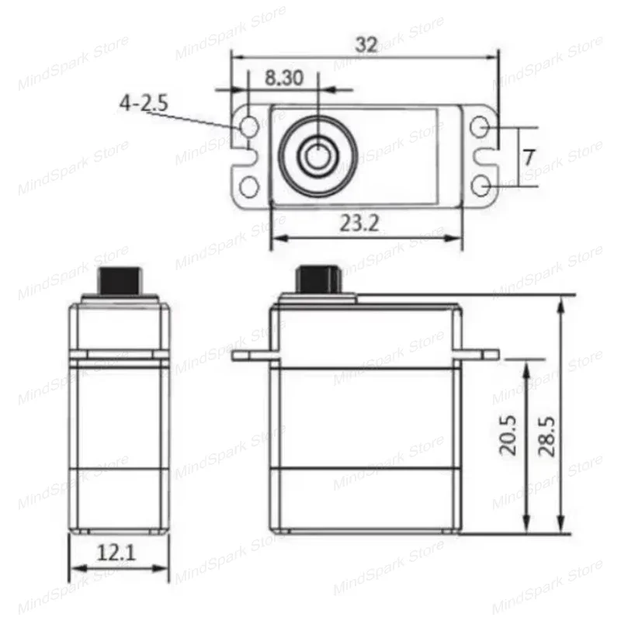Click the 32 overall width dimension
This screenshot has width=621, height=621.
[x=366, y=44]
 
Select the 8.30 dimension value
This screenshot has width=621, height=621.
[x=283, y=78]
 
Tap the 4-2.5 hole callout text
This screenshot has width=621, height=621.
[x=144, y=103]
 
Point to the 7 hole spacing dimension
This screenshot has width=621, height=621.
[x=528, y=157]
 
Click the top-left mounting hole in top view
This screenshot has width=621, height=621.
[x=249, y=127]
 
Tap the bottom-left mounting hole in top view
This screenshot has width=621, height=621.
[x=249, y=187]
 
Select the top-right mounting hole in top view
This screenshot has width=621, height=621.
[x=481, y=127]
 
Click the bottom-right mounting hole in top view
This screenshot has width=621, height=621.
[x=481, y=187]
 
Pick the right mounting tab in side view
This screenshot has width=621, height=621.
[x=480, y=355]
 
